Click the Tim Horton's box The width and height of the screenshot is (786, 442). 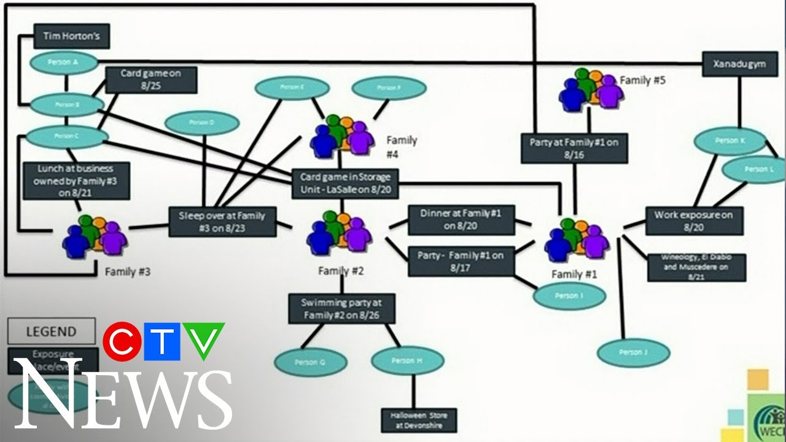71,36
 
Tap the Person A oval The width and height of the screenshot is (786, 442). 64,62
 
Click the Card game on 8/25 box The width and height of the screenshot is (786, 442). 150,80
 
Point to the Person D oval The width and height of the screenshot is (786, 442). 202,123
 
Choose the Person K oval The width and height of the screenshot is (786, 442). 730,141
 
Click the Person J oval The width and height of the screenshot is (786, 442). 634,352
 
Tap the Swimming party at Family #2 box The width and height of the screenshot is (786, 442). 341,308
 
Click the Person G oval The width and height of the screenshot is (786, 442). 309,362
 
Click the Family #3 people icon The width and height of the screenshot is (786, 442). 95,236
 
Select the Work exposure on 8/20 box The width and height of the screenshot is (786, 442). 693,221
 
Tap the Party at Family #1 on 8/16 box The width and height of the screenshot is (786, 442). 574,148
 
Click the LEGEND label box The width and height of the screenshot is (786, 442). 52,331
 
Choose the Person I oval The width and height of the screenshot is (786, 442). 569,296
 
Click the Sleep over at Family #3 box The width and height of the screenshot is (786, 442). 222,222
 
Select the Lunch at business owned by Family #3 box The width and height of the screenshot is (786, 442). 77,180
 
